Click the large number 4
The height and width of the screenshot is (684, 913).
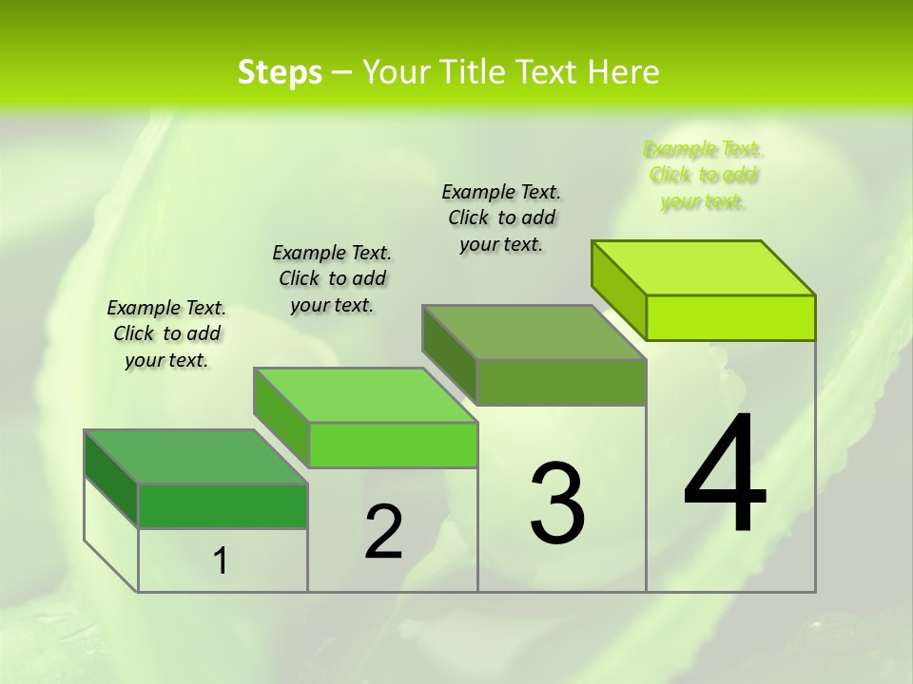725,474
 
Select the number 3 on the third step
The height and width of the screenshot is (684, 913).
557,503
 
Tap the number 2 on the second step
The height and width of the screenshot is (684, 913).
384,532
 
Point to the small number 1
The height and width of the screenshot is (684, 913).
221,561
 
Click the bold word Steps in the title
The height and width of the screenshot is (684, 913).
280,72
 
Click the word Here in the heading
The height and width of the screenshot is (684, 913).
625,72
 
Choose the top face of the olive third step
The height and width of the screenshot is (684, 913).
534,333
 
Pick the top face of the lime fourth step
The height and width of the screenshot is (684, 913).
704,268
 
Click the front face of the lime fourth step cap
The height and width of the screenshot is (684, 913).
730,317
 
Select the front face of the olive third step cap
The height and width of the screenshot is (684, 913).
561,382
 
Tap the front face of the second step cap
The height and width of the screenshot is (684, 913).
393,445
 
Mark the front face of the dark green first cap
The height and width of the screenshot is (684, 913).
223,505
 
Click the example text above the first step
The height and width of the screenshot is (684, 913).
166,333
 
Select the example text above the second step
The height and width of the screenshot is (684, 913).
332,278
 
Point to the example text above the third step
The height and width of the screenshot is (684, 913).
501,218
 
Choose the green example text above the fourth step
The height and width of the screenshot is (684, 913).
703,175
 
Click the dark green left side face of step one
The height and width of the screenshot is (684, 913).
111,479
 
